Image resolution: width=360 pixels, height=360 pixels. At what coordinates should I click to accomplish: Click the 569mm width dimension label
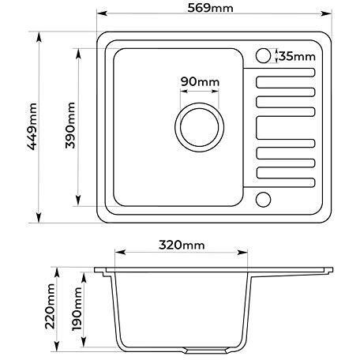210,8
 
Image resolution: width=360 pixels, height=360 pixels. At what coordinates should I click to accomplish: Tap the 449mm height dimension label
32,126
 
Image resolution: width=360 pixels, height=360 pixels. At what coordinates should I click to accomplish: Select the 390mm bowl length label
70,126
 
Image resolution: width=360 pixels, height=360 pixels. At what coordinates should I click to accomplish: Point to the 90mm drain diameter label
200,82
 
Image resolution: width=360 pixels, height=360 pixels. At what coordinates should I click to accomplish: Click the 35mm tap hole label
297,56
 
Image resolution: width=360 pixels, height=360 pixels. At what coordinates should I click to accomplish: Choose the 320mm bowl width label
182,245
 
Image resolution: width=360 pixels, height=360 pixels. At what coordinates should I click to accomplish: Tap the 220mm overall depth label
51,306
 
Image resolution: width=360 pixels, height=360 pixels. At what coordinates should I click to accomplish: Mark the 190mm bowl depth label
77,309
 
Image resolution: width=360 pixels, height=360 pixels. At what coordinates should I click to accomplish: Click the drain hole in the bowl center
200,127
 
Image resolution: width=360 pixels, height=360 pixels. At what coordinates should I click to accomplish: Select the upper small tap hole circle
263,56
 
